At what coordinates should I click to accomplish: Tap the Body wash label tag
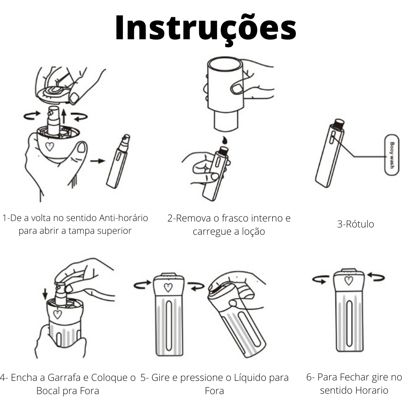[391, 155]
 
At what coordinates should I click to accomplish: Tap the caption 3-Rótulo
[355, 224]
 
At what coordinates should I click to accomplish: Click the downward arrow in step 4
[44, 292]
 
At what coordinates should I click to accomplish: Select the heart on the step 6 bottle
[349, 280]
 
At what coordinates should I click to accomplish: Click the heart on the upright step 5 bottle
[168, 287]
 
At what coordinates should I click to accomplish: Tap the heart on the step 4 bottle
[58, 314]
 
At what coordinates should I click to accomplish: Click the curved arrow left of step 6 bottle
[320, 279]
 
